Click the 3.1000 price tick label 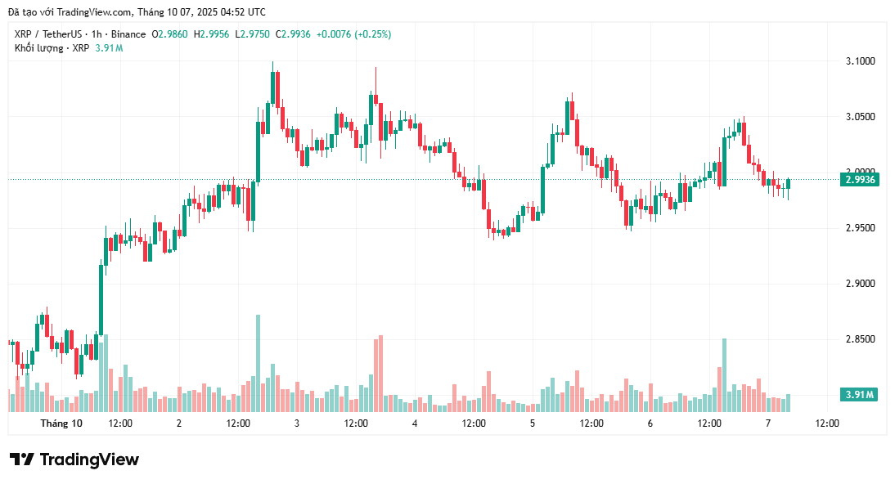(859, 61)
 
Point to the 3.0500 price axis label (859, 117)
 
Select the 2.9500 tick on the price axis (859, 228)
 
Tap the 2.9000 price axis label (859, 284)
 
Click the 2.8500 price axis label (859, 339)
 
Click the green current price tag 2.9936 (859, 180)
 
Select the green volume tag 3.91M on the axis (859, 395)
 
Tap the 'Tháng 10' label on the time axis (61, 423)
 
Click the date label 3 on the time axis (296, 423)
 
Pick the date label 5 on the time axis (533, 423)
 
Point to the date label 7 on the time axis (767, 423)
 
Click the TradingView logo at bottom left (74, 459)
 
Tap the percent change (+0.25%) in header (367, 34)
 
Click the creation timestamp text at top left (137, 12)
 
